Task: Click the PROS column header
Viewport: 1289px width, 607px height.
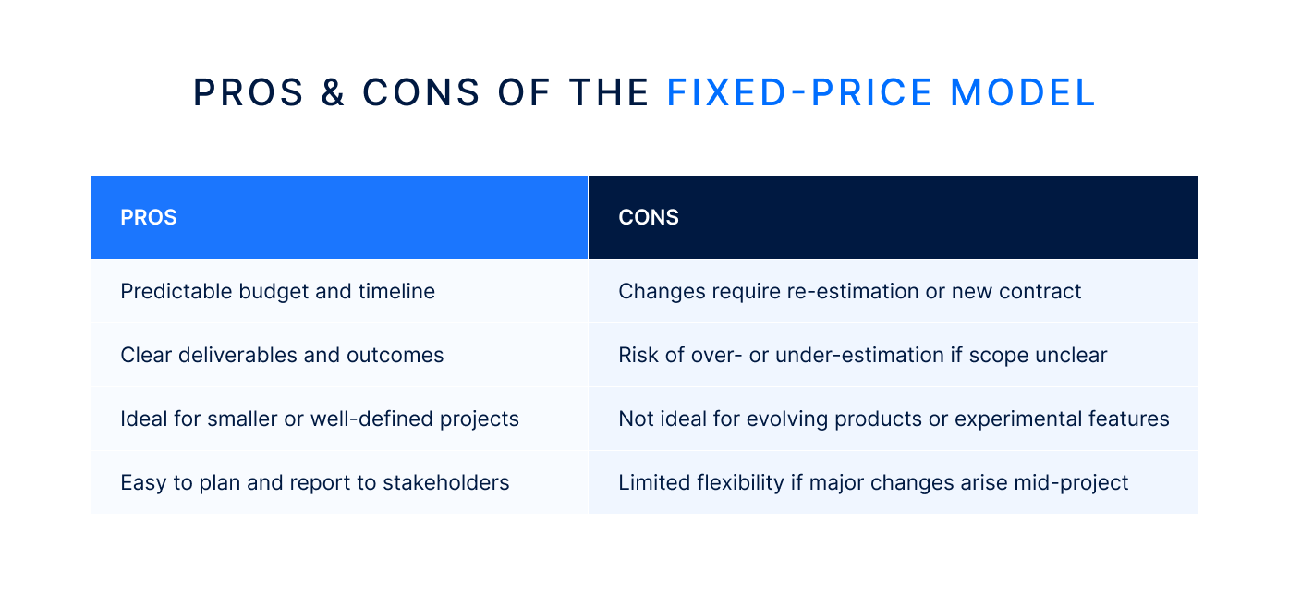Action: [149, 217]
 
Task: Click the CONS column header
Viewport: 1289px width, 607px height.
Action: [648, 217]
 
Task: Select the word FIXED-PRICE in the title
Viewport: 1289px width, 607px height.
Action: [800, 93]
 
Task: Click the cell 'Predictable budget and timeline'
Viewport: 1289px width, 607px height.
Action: [277, 291]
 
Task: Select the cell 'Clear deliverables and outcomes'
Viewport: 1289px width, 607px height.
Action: [282, 355]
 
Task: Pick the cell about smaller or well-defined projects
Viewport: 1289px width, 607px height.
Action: [319, 419]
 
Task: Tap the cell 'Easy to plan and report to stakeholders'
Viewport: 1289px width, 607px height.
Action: [314, 482]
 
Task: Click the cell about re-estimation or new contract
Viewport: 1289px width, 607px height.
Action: [849, 291]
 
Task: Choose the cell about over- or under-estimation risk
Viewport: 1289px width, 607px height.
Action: [862, 355]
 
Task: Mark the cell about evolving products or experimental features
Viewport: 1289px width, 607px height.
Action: [893, 419]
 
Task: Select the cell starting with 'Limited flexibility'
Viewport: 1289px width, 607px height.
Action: [873, 482]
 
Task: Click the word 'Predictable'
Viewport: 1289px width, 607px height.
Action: [176, 291]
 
